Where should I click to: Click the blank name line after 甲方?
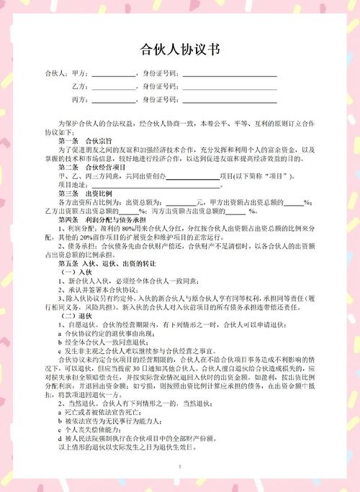coord(113,74)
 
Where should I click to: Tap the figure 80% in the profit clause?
coord(117,227)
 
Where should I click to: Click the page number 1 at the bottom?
coord(179,468)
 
